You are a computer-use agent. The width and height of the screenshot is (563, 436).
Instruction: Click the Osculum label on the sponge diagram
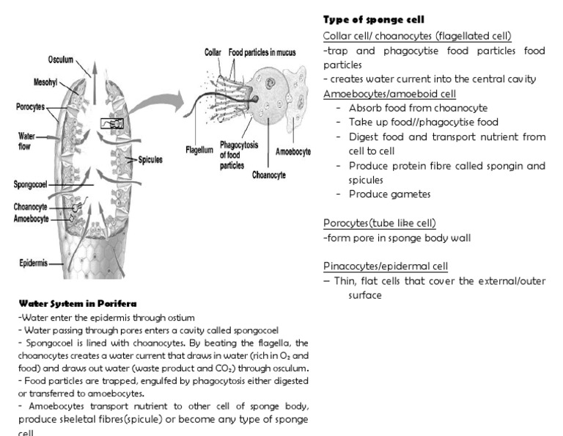(x=61, y=59)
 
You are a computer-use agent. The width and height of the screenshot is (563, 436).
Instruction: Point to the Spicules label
(x=150, y=159)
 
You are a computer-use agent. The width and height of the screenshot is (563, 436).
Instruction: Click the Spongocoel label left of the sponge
(x=30, y=184)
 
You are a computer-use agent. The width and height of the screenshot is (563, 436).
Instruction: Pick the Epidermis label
(x=34, y=262)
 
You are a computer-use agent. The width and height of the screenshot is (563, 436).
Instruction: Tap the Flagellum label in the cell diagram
(x=199, y=149)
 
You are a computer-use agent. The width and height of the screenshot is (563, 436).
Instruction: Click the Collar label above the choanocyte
(x=213, y=53)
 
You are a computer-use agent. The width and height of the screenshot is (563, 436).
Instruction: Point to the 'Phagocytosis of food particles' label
(x=239, y=156)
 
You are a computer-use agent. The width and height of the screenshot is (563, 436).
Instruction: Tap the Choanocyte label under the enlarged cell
(x=268, y=175)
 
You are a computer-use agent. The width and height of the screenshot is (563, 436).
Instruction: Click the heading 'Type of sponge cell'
(x=374, y=20)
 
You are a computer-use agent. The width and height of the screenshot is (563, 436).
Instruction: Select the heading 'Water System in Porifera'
(x=78, y=303)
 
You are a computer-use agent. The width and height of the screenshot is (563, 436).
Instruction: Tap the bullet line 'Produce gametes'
(x=389, y=195)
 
